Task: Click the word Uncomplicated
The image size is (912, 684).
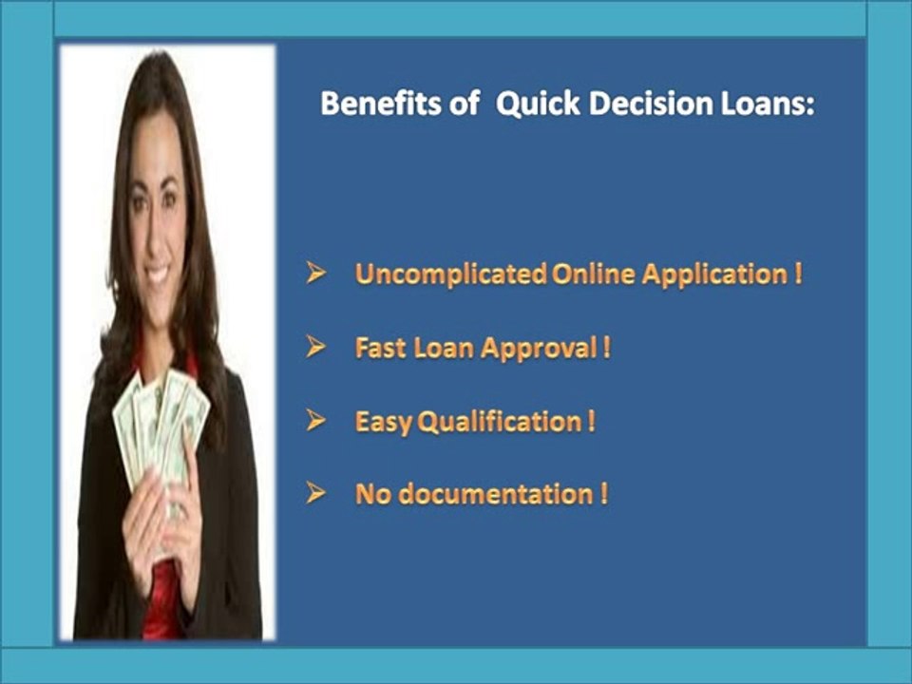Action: [x=450, y=274]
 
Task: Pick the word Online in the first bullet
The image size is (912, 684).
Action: [x=593, y=274]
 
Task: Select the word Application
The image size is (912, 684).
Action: [x=714, y=275]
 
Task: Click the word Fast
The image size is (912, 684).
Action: [x=380, y=348]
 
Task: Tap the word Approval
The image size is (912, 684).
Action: [x=540, y=349]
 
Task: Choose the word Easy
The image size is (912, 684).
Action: [x=384, y=422]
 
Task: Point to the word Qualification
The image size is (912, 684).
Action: [x=500, y=422]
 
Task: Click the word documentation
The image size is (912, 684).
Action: [x=496, y=494]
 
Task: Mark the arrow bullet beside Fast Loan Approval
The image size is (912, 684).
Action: [x=315, y=347]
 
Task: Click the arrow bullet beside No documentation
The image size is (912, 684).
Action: [x=315, y=493]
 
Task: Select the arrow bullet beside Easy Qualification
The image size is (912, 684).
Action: [x=315, y=420]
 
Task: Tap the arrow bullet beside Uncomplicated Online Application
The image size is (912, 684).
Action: [x=315, y=273]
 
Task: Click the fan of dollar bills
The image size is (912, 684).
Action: [x=160, y=425]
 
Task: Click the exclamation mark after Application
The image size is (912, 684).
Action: [x=798, y=274]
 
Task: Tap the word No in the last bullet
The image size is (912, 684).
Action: [x=372, y=494]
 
